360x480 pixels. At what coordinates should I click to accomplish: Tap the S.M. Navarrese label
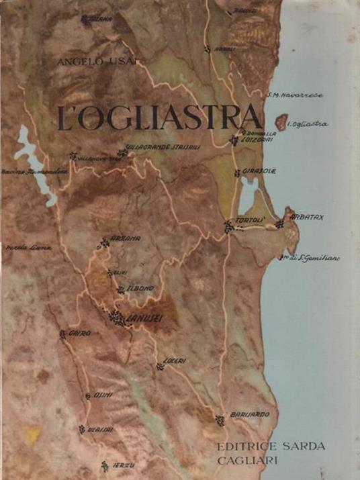(294, 95)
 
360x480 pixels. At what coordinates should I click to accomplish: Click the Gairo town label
(79, 333)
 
